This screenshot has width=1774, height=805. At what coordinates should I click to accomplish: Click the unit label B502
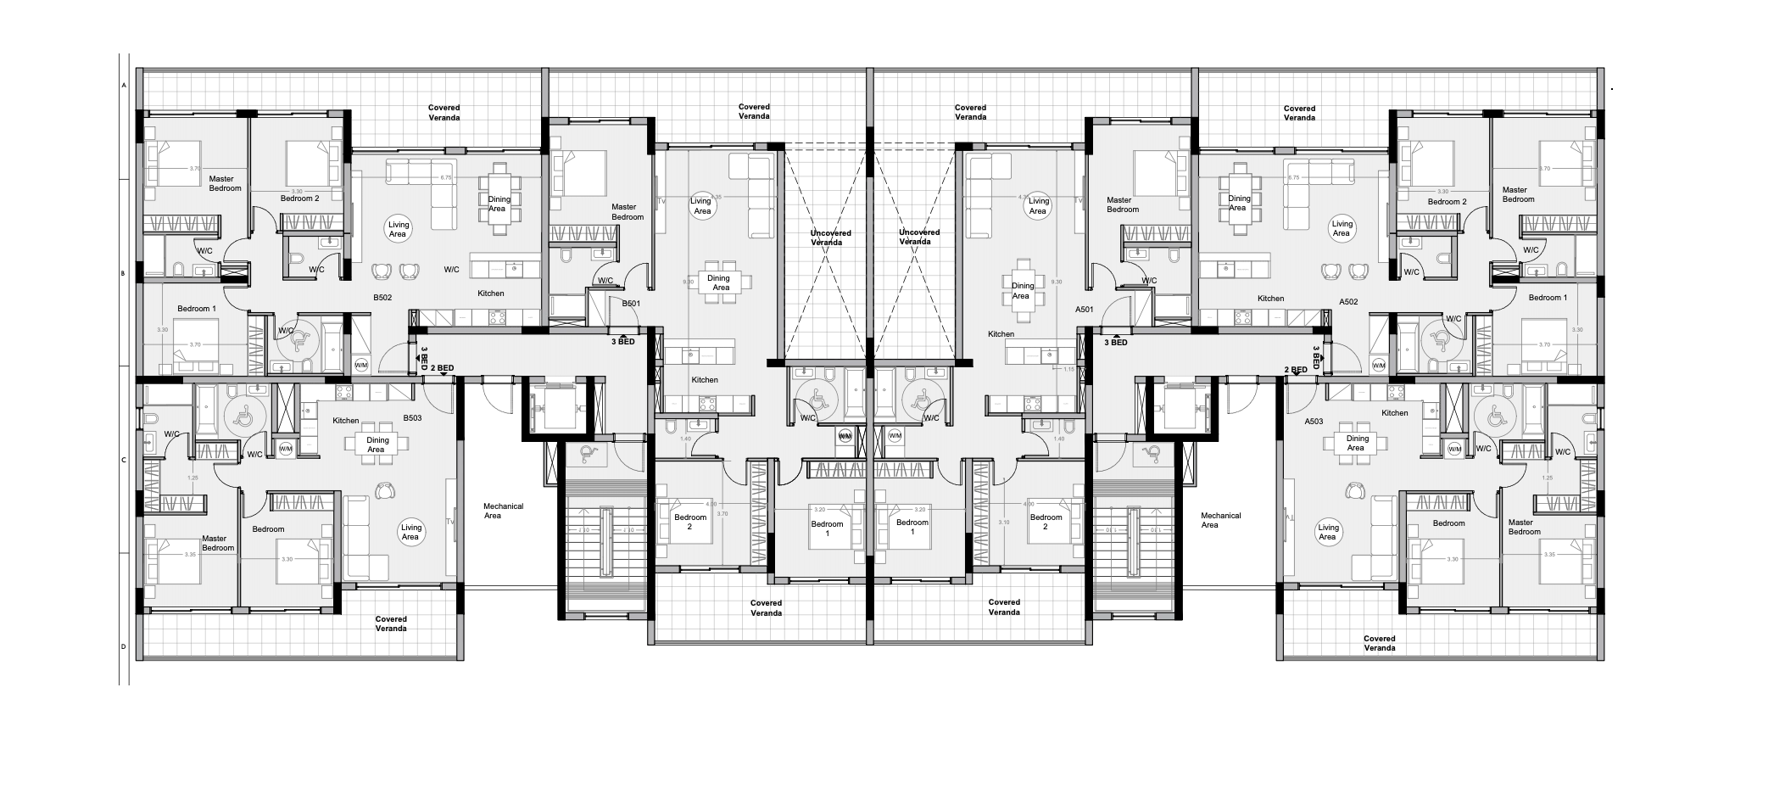pos(382,298)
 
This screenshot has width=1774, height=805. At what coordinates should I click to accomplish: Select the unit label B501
pos(631,303)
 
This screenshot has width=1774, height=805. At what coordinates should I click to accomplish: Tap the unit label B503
pos(412,418)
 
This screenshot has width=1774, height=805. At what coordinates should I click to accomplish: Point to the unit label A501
pos(1084,310)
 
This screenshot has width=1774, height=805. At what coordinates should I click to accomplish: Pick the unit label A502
pos(1348,302)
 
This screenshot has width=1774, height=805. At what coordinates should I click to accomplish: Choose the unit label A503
pos(1314,422)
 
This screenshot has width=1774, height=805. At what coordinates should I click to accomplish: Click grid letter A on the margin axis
pos(124,86)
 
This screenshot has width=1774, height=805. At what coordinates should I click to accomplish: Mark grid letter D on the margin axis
pos(124,646)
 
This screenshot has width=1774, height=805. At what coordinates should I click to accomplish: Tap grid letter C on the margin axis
pos(124,461)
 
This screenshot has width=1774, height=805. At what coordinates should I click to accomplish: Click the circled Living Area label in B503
pos(410,533)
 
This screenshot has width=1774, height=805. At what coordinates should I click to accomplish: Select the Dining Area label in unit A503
pos(1356,444)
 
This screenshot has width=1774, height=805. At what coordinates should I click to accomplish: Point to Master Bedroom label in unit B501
pos(627,212)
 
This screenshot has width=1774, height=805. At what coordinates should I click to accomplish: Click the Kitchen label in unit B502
pos(490,293)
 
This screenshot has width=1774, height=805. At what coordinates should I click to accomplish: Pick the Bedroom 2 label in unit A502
pos(1447,202)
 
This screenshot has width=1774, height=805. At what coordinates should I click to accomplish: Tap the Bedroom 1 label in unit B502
pos(197,309)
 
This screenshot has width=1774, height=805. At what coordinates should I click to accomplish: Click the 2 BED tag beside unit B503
pos(442,368)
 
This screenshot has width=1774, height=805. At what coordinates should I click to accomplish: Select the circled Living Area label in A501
pos(1039,206)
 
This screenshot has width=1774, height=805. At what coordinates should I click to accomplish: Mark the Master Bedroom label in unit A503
pos(1524,528)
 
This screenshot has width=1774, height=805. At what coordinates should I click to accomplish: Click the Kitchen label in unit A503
pos(1394,413)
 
